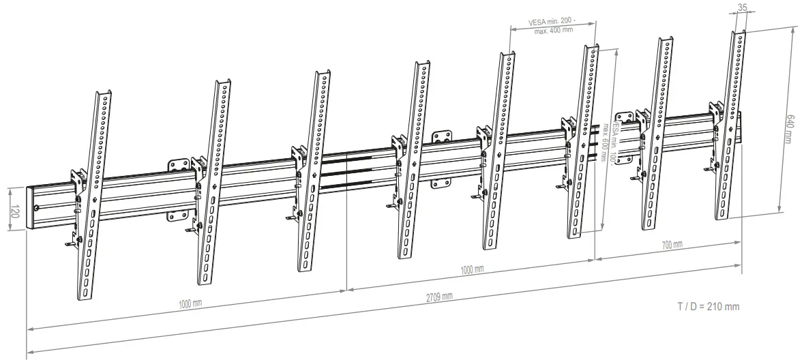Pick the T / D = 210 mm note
[707, 307]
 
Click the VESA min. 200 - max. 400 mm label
[553, 26]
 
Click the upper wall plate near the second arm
[179, 166]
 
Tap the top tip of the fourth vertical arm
[425, 63]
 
